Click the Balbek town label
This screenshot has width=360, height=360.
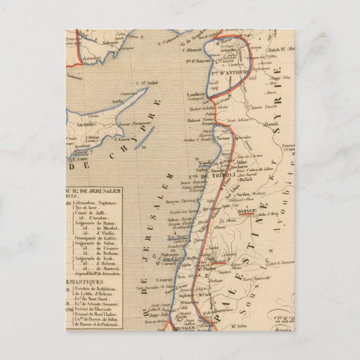tap(247, 179)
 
